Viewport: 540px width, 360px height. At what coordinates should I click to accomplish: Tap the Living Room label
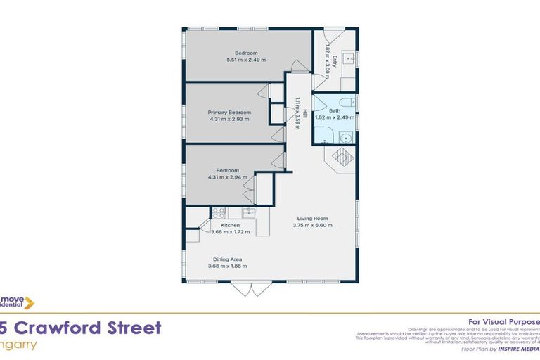312,218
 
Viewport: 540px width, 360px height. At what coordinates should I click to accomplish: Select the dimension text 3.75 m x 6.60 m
312,226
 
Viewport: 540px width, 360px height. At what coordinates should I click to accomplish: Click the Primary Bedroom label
229,112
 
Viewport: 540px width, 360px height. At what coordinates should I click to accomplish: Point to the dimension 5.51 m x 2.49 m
246,60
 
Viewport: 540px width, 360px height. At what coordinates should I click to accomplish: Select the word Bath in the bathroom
335,111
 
